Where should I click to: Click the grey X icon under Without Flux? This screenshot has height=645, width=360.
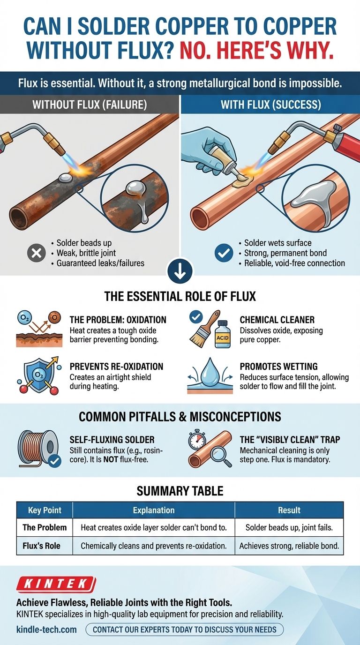pos(36,253)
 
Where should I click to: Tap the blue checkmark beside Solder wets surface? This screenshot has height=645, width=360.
pos(224,253)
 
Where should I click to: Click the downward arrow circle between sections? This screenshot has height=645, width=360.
pos(180,271)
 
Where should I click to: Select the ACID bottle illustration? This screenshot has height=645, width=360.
pos(223,334)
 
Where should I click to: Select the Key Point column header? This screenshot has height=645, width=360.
pos(45,510)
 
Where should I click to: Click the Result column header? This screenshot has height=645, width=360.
pos(289,510)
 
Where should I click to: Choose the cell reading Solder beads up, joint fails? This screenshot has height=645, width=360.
pos(289,527)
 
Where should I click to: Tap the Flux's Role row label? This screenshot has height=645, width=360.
pos(41,546)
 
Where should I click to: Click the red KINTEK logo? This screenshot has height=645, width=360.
pos(56,584)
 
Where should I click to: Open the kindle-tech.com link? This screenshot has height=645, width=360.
pos(47,629)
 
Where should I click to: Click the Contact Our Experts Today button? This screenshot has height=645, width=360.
pos(185,629)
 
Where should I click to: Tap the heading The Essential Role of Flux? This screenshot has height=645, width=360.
pos(180,296)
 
